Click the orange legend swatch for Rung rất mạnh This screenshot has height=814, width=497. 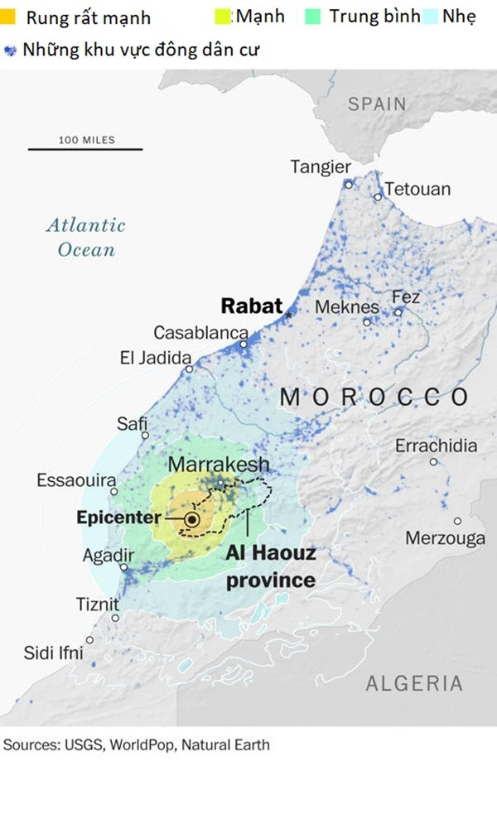pos(8,17)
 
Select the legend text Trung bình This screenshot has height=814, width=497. pos(374,17)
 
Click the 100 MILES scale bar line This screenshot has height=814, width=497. pos(85,149)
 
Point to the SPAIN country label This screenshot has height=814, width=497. pos(377,104)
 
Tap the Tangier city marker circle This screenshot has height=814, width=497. pos(349,184)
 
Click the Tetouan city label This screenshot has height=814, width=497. pos(417,189)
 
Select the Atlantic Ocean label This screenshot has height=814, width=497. pos(85,237)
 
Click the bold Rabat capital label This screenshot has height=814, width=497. pos(252,306)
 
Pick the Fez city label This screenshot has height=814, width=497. pos(406,296)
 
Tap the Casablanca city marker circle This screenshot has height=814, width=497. pos(244,344)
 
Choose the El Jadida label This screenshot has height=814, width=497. pos(155,359)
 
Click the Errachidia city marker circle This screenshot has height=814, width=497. pos(433,461)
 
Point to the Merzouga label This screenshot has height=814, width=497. pos(445,539)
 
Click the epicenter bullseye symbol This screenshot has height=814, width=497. pos(191,519)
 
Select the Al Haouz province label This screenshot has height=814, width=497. pos(271,566)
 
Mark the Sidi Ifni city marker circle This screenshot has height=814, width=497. pos(89,639)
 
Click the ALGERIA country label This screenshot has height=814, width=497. pos(414,683)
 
